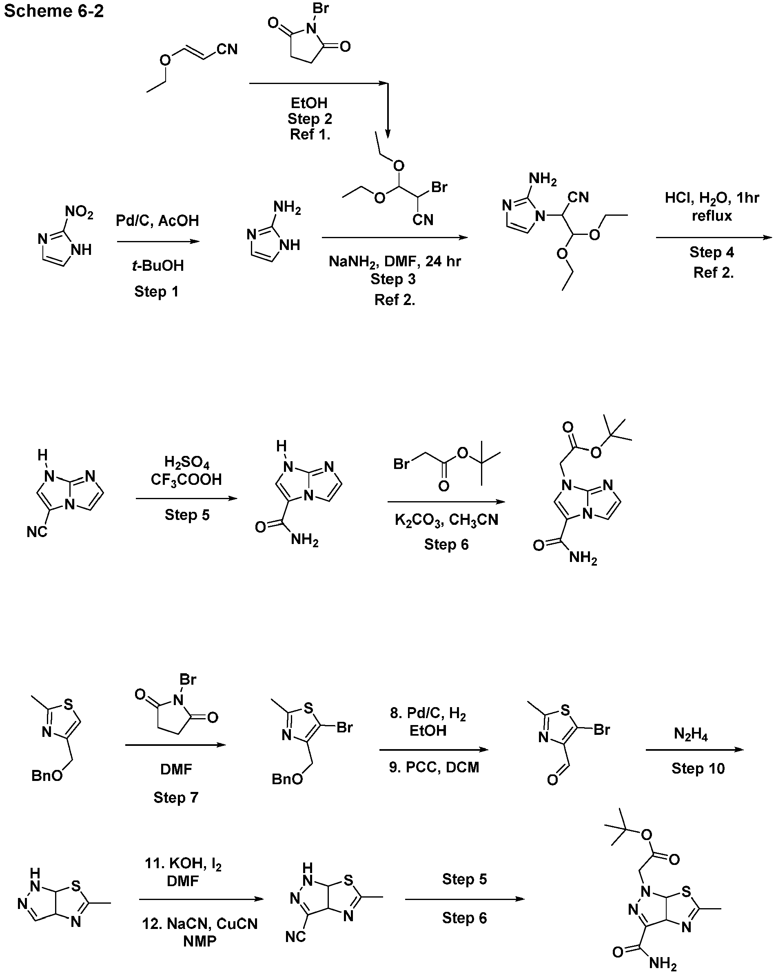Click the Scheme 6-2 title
coord(54,11)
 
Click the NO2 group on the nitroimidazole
coord(79,212)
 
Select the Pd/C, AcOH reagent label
coord(157,221)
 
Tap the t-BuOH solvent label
coord(158,265)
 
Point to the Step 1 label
coord(156,292)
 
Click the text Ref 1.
coord(310,135)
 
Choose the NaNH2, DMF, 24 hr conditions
coord(395,262)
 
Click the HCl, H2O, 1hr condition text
coord(712,198)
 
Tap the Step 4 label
coord(712,252)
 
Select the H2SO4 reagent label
coord(186,463)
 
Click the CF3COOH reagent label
coord(186,480)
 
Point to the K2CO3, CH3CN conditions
coord(446,520)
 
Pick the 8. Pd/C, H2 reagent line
coord(428,714)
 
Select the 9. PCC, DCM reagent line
coord(434,767)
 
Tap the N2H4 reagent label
coord(691,734)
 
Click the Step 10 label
coord(698,768)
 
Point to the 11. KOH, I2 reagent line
coord(183,864)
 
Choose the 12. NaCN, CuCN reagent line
coord(200,924)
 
